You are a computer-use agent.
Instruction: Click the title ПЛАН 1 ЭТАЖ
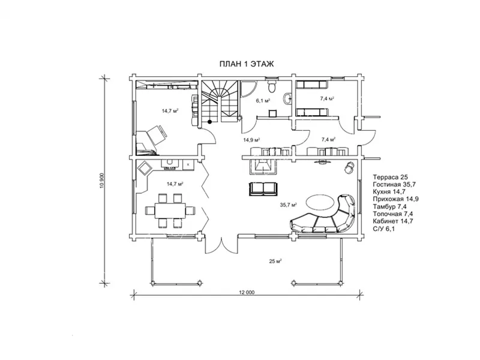tap(246, 64)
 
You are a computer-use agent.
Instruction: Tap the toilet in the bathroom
tap(272, 86)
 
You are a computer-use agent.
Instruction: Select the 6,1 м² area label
tap(263, 100)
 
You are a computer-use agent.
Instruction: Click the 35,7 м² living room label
tap(289, 205)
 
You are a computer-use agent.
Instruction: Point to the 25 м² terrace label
tap(275, 261)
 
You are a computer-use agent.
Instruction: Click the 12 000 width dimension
tap(247, 292)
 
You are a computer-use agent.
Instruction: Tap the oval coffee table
tap(320, 202)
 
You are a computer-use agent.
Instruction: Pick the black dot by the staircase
tap(209, 122)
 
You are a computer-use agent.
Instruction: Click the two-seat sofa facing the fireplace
tap(263, 189)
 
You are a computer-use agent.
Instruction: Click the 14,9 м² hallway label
tap(251, 140)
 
